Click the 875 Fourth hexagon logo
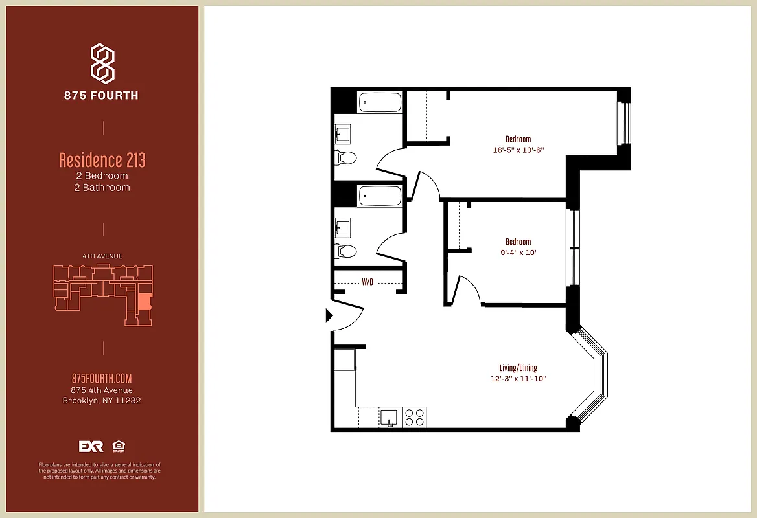coord(102,63)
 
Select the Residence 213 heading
coord(102,159)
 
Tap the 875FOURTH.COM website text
coord(102,379)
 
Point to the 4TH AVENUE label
coord(102,256)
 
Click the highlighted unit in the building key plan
coord(144,302)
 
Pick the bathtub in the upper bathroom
coord(380,102)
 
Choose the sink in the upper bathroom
coord(342,133)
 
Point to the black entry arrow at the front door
coord(329,316)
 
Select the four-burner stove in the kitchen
coord(415,417)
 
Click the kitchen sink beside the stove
coord(390,417)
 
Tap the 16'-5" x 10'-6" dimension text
coord(518,150)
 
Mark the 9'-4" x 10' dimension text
coord(518,253)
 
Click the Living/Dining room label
coord(518,368)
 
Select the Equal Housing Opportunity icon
coord(119,446)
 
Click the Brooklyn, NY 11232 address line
coord(102,400)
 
